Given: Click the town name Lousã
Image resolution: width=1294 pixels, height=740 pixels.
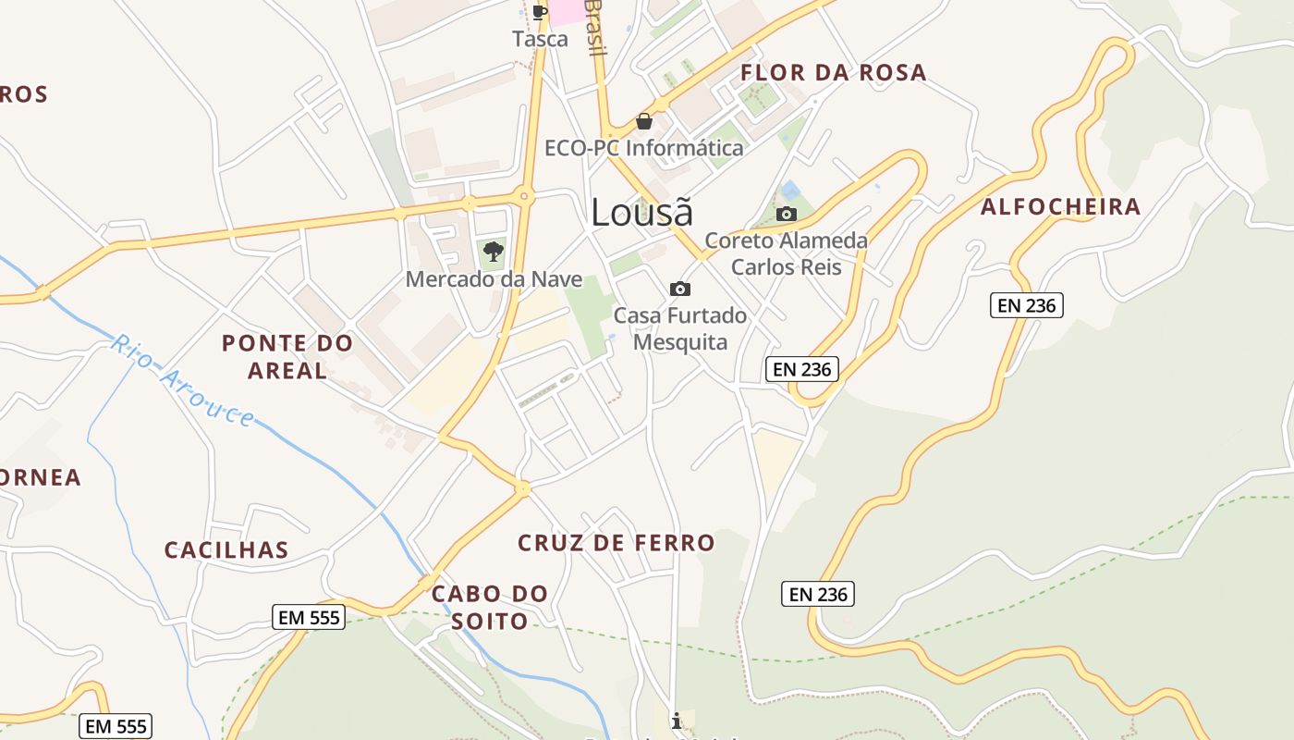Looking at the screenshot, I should pos(641,212).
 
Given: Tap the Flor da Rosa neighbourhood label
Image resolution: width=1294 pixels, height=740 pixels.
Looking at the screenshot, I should pos(833,72).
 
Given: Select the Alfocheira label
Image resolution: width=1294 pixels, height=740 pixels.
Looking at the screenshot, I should pos(1060,206).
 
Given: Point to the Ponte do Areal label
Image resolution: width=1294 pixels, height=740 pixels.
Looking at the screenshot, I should pos(287,356).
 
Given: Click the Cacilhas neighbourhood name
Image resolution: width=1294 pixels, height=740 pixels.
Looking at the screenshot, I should pos(226,549).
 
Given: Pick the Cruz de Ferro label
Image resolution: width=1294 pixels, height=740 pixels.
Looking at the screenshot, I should pos(616,542).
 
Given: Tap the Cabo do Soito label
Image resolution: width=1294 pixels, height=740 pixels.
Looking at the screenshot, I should pos(490,607).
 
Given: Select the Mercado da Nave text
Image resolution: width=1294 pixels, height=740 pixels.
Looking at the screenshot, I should pos(494,278).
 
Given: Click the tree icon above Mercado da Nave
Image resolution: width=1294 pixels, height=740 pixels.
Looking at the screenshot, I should pos(494,251).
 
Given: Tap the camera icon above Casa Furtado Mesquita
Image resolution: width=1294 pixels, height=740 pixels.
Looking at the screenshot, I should pos(680,289).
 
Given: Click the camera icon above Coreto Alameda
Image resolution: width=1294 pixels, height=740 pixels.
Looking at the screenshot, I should pos(787,215).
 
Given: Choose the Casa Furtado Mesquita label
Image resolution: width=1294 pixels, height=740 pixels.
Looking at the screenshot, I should pos(680,328).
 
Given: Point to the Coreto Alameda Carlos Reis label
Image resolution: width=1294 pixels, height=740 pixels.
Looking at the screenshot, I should pos(787,253).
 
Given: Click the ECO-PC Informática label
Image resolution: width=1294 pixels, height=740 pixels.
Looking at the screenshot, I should pos(643,148).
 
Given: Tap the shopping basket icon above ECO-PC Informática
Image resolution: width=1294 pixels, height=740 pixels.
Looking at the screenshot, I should pos(644,121).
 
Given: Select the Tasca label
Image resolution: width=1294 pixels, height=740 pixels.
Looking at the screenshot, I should pos(540,39).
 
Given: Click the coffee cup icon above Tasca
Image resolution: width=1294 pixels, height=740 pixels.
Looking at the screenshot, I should pos(540,12).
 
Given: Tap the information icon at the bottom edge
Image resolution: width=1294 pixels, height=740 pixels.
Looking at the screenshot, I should pos(678,720).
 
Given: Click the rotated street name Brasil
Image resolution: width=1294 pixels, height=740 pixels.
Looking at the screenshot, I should pos(594,28).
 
